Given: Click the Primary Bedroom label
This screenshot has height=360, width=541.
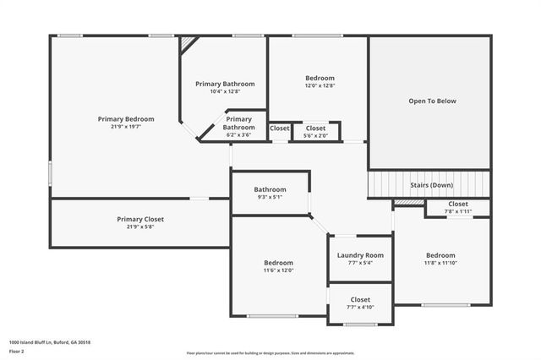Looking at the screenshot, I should point(126,119).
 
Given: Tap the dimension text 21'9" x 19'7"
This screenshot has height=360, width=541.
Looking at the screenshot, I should point(126,127).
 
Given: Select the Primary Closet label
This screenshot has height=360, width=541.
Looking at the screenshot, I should point(140,219).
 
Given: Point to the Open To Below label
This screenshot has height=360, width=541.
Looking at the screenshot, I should point(432,101).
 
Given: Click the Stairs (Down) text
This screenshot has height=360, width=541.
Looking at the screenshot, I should point(431,184).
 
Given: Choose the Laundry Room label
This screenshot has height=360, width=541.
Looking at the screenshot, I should point(360,255).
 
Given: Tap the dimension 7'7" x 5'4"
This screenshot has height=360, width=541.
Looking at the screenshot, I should point(360,263).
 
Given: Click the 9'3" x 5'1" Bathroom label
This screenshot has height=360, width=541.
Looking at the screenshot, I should point(270,189).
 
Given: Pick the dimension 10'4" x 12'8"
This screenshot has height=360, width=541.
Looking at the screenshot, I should point(225,91).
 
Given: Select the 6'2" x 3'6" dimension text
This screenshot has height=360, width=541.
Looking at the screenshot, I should point(238,135).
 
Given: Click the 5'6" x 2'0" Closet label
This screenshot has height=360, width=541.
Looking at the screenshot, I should point(315,128).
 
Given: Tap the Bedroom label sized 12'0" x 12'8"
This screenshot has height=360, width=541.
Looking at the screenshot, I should point(320,78).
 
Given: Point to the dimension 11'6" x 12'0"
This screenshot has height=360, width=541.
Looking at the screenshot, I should point(278,270).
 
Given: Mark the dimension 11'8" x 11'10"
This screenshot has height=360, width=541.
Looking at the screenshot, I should point(440,263).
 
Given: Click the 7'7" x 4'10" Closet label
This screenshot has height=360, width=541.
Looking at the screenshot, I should point(360,299).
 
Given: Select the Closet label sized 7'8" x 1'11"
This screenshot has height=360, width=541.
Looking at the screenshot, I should point(458,204).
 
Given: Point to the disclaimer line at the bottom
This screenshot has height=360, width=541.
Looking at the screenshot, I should point(270,353).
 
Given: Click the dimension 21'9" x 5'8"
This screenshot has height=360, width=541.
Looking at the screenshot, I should point(140,226).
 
